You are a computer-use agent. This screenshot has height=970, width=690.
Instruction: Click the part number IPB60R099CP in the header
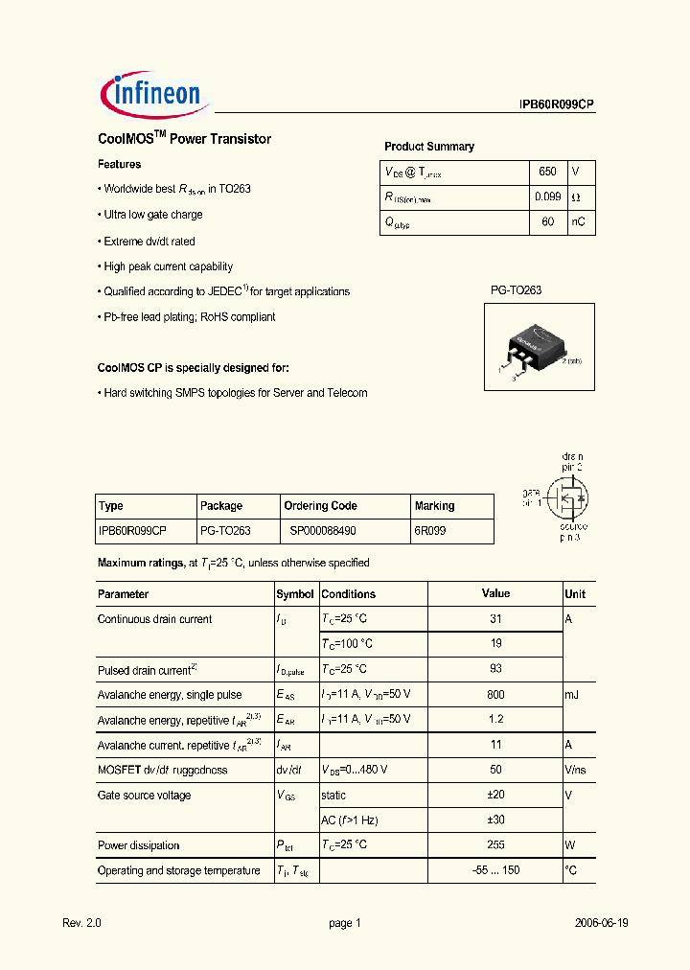[557, 106]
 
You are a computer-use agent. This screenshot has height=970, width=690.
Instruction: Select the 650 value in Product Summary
[547, 172]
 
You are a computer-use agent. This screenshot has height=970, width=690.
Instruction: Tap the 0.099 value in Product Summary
[547, 197]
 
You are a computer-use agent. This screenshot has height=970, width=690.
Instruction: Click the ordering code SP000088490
[323, 530]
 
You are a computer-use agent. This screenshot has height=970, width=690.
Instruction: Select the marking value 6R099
[429, 530]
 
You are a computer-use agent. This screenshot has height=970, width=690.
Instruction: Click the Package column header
[221, 506]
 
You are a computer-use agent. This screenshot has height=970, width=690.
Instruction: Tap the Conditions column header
[349, 594]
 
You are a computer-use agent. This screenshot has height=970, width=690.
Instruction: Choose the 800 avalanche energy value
[495, 694]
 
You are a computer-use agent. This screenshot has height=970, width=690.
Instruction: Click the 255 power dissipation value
[495, 844]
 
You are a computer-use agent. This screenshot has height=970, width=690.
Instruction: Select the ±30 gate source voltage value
[495, 820]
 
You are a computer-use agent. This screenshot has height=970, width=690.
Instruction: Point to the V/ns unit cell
[575, 770]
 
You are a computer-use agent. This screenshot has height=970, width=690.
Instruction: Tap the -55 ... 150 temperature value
[495, 870]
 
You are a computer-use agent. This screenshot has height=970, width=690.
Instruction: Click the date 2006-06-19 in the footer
[602, 923]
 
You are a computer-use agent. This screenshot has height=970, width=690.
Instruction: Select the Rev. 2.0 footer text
[81, 923]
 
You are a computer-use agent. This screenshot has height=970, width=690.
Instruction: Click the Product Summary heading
[429, 147]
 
